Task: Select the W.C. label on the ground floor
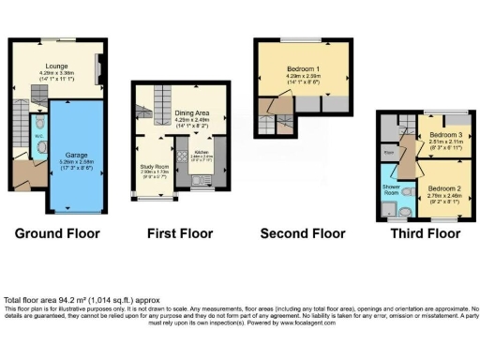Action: coord(37,133)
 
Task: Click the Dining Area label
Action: coord(193,112)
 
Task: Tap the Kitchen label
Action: coord(203,152)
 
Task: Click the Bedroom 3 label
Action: coord(441,136)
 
